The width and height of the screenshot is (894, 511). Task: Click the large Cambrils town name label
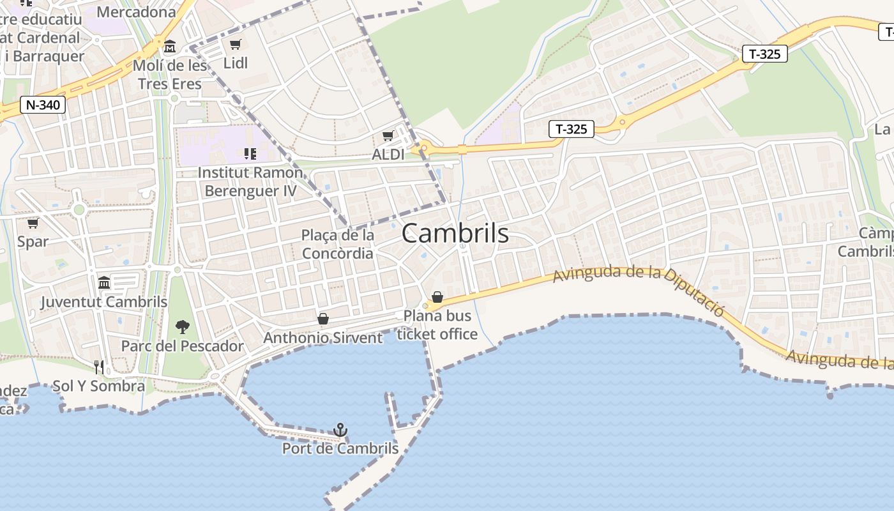click(455, 234)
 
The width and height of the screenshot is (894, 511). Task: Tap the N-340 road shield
click(43, 105)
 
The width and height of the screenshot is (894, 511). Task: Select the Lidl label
click(236, 63)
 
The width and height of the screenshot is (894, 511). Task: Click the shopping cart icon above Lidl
click(236, 44)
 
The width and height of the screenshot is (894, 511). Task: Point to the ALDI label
click(388, 155)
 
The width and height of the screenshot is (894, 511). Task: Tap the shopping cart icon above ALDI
click(388, 135)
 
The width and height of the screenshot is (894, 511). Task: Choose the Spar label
click(33, 241)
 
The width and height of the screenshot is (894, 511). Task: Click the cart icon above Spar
click(33, 223)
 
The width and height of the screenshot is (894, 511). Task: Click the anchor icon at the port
click(340, 430)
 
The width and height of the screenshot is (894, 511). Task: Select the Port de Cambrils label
click(340, 448)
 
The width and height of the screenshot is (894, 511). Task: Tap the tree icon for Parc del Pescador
click(183, 327)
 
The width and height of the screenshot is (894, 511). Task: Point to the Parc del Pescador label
click(183, 346)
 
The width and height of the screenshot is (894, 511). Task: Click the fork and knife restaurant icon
click(99, 367)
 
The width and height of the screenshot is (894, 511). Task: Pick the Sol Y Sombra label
click(98, 386)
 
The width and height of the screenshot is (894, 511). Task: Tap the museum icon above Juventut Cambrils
click(104, 282)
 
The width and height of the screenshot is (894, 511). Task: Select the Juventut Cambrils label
click(104, 301)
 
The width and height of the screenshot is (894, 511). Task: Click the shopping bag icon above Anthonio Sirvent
click(323, 319)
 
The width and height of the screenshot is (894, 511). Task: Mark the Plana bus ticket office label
click(437, 324)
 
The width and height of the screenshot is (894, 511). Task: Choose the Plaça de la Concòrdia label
click(338, 245)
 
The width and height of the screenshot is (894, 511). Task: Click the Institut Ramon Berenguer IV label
click(250, 181)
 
